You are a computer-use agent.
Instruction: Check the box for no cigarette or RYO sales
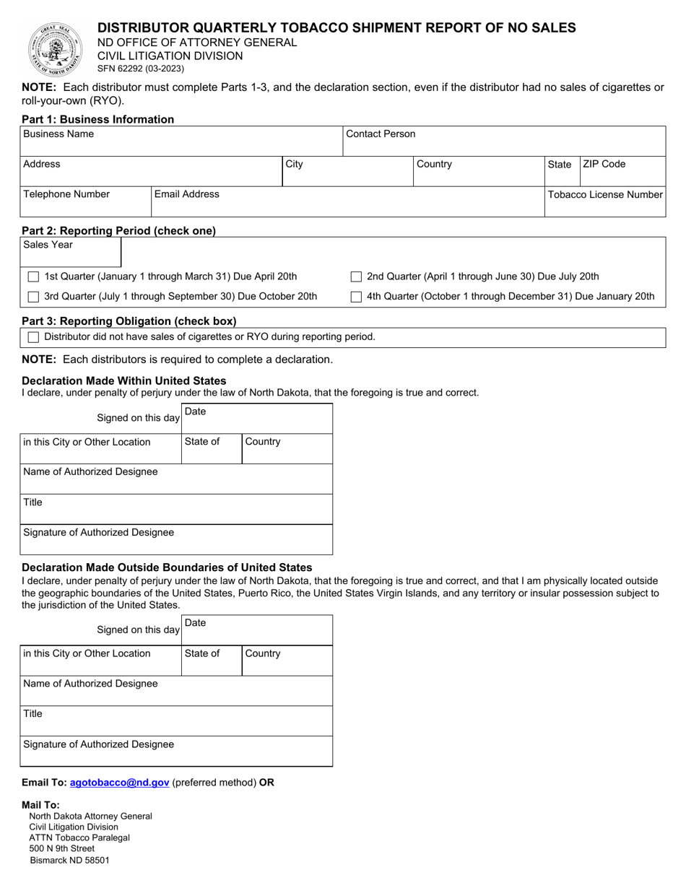(x=33, y=337)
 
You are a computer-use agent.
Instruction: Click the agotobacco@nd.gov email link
(x=120, y=782)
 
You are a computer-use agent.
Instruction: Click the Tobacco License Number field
(x=604, y=207)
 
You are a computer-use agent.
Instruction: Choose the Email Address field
(x=347, y=207)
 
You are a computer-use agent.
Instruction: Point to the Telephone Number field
(x=85, y=207)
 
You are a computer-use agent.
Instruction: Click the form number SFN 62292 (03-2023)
(x=141, y=69)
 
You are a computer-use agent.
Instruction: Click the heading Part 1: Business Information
(x=98, y=119)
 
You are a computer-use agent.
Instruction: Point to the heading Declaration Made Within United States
(x=124, y=380)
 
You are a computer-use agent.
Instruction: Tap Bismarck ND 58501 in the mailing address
(x=70, y=860)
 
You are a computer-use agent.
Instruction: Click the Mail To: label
(x=41, y=805)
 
